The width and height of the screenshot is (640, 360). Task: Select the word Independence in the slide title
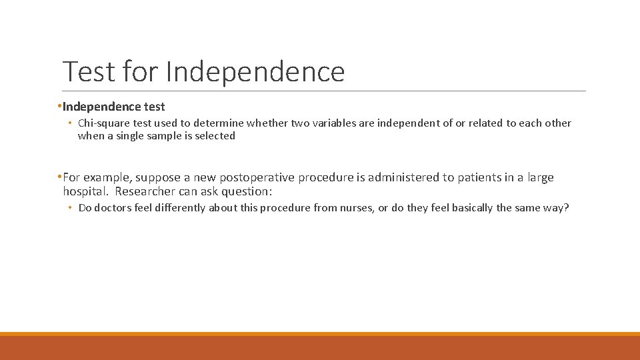255,71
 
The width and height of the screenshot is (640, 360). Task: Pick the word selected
215,136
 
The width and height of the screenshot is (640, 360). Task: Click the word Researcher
145,191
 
